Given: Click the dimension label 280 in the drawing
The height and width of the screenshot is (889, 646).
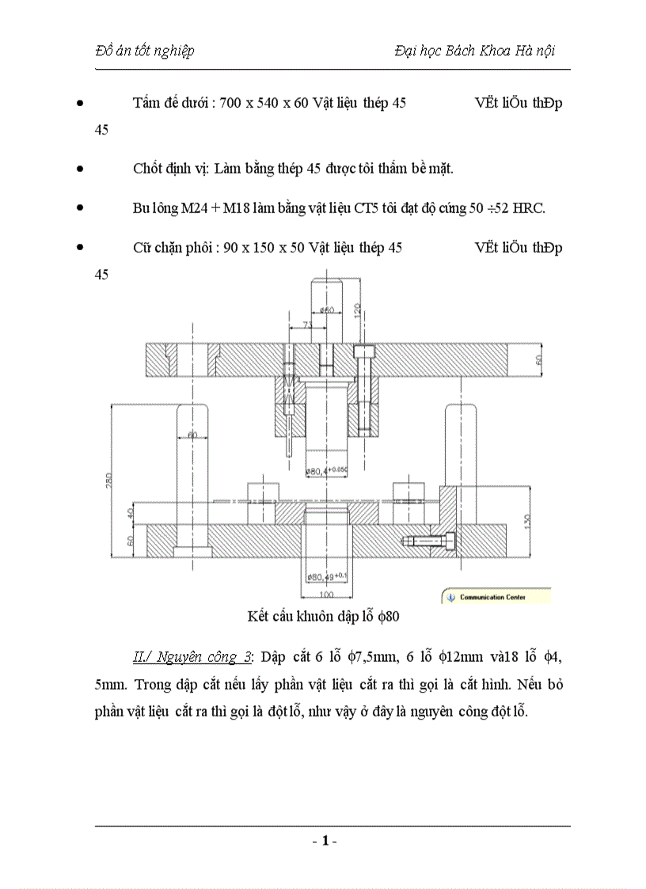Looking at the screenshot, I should click(x=109, y=480).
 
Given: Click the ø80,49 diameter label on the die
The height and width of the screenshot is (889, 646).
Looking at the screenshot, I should click(x=325, y=576).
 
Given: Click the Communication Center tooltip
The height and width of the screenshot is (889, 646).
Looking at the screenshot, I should click(x=495, y=597).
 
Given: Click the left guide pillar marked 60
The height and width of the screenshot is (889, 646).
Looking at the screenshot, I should click(x=192, y=475).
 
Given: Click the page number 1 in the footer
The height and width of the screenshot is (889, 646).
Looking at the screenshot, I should click(x=324, y=841).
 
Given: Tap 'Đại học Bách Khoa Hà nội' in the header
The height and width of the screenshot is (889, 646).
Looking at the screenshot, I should click(x=473, y=51).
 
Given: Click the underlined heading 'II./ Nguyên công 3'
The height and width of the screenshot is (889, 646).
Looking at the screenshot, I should click(x=192, y=657).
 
